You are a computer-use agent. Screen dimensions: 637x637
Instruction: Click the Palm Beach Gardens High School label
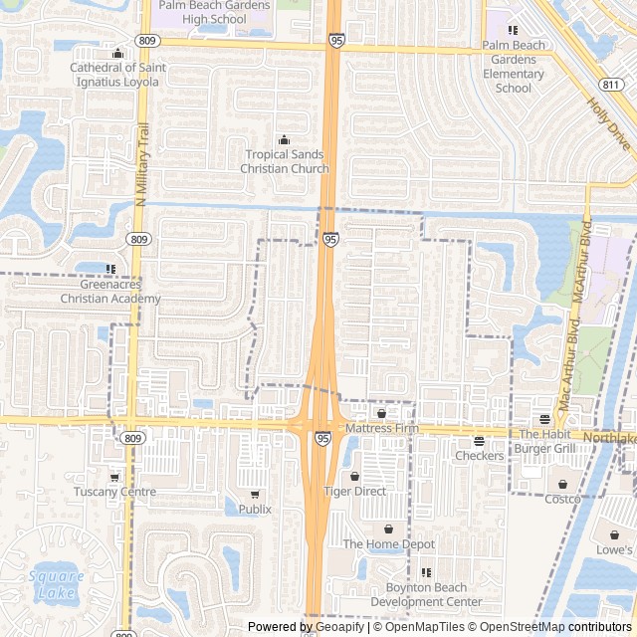point(215,12)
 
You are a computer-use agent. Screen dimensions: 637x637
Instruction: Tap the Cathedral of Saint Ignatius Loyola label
point(117,75)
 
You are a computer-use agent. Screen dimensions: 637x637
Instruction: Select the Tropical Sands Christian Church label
point(285,161)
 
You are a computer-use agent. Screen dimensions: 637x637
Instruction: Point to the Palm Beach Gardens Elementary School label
point(514,67)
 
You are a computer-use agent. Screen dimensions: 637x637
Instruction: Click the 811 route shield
point(614,86)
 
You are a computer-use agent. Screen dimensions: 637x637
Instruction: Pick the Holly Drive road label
point(608,123)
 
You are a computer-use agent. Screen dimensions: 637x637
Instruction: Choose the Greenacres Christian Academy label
point(110,292)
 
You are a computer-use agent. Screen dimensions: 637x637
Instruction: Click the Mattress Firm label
point(383,428)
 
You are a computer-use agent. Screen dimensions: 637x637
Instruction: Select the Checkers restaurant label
point(479,455)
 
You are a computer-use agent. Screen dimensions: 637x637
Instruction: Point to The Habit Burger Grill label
point(544,441)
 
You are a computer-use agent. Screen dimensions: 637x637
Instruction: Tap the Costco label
point(561,498)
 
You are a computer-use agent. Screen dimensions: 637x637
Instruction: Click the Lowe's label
point(614,549)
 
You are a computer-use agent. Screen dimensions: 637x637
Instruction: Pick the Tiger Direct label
point(355,492)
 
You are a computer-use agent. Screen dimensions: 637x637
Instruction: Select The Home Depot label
point(389,543)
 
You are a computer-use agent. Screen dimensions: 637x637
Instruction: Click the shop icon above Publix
point(255,495)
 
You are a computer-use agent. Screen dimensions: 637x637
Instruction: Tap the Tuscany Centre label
point(114,492)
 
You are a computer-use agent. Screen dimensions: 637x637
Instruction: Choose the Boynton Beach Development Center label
point(426,595)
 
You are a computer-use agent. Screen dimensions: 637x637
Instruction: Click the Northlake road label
point(609,438)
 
